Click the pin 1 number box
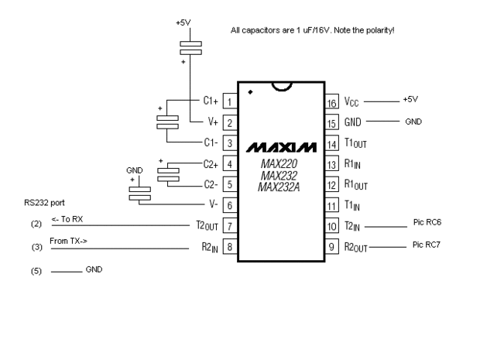coord(229,101)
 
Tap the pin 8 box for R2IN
coord(229,249)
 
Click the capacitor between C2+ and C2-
coord(169,174)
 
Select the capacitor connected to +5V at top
coord(190,48)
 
